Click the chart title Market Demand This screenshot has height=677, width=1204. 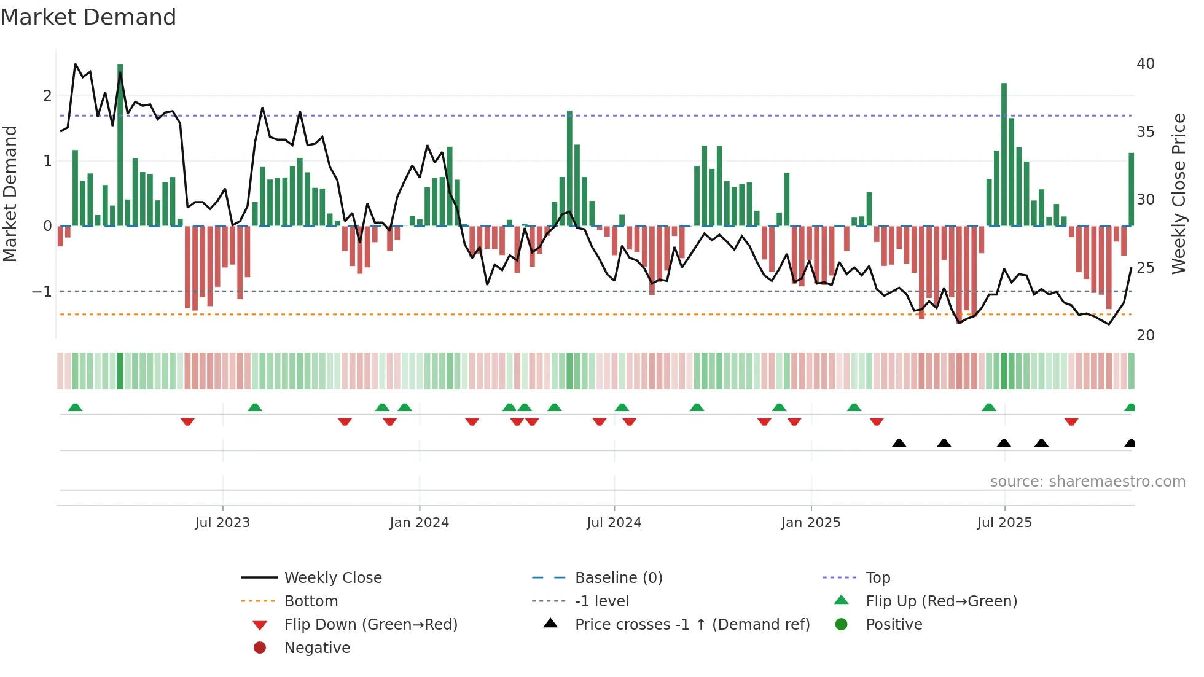tap(88, 17)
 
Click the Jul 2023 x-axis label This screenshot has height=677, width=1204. tap(222, 523)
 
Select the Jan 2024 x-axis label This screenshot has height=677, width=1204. tap(420, 523)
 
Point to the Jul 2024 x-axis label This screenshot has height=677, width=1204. tap(614, 523)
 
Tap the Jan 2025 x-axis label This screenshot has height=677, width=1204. tap(811, 523)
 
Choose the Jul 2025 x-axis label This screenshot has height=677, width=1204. tap(1004, 523)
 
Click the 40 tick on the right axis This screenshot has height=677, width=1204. tap(1146, 64)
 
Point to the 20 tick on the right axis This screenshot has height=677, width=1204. tap(1146, 335)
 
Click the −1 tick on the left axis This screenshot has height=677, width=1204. tap(42, 292)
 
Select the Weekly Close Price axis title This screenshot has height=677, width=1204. tap(1178, 194)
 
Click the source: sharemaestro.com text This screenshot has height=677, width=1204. tap(1087, 482)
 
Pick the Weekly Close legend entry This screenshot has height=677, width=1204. tap(333, 578)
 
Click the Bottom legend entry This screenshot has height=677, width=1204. tap(311, 601)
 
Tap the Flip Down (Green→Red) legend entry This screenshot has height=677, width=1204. tap(370, 625)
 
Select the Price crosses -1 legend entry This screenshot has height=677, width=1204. tap(692, 625)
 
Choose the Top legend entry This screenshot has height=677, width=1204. tap(878, 578)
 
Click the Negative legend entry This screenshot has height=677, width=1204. tap(317, 648)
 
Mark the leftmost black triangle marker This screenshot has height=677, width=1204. tap(899, 444)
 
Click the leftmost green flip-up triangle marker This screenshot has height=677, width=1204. tap(75, 407)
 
